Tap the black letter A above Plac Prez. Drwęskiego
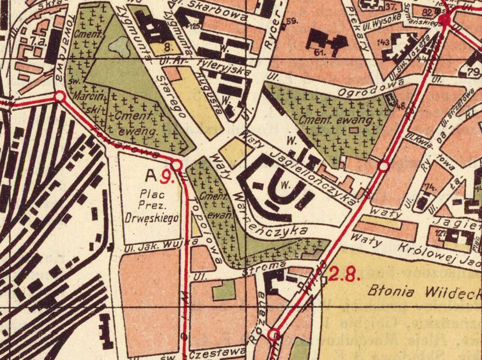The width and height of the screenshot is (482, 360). click(x=151, y=175)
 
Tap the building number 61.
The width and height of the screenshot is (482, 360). click(x=320, y=52)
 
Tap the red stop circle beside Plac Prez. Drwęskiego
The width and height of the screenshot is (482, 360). click(x=176, y=165)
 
